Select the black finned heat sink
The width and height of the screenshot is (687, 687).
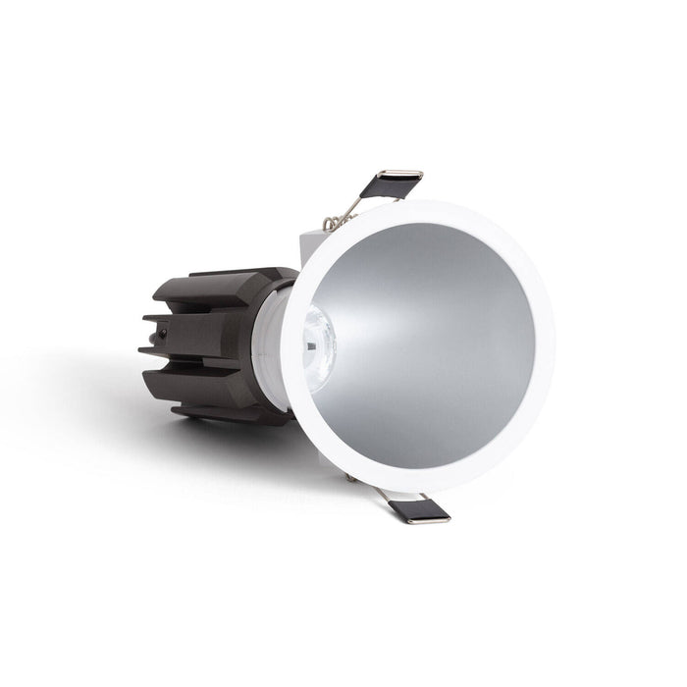pos(211,339)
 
